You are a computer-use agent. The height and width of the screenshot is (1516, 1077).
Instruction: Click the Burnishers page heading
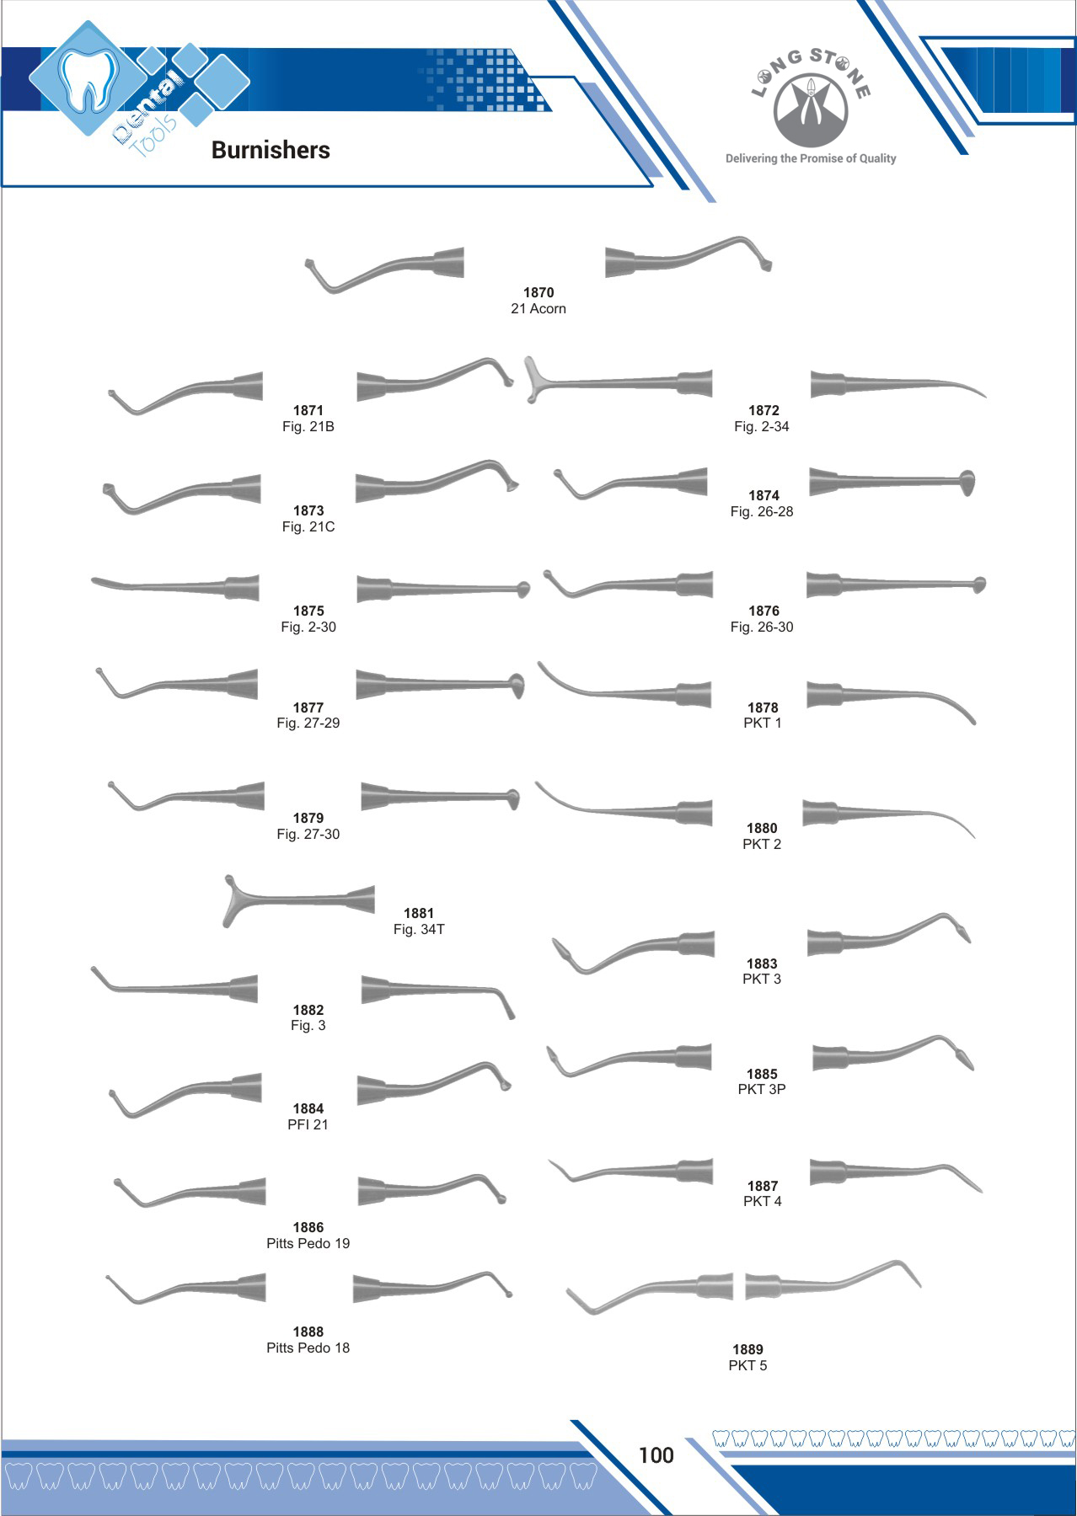point(271,150)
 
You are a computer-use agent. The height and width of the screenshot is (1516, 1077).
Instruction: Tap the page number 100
point(656,1455)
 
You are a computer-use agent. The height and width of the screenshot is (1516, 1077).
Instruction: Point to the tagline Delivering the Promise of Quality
point(810,158)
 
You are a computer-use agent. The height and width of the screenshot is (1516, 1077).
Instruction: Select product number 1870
point(538,292)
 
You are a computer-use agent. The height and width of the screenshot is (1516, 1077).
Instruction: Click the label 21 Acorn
point(538,309)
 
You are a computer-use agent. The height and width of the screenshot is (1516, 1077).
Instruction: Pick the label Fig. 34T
point(419,929)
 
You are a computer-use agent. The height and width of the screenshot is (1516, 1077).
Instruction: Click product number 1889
point(747,1349)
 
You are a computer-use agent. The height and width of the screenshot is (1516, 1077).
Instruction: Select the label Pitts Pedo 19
point(308,1243)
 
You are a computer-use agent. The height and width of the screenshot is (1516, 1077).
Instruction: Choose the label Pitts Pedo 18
point(308,1348)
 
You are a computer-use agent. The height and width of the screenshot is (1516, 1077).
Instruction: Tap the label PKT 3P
point(762,1089)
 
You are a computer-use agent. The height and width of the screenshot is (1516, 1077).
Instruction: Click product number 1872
point(764,410)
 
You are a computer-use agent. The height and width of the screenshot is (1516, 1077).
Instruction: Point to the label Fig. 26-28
point(762,511)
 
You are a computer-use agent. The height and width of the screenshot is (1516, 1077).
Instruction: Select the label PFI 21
point(308,1124)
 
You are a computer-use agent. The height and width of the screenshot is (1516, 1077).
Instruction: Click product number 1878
point(763,707)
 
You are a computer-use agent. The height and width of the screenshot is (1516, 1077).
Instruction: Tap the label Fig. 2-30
point(308,627)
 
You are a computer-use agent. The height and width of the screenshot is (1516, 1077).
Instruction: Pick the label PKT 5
point(747,1365)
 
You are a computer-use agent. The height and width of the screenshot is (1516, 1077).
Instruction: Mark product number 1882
point(308,1010)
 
